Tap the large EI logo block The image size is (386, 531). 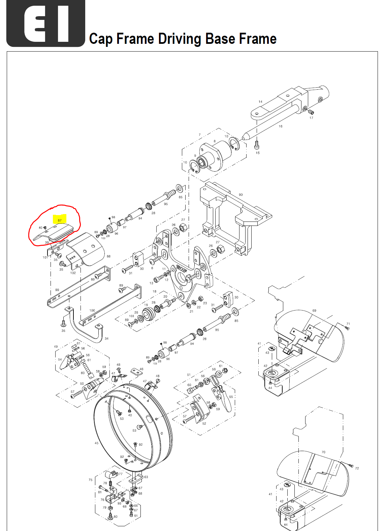click(x=46, y=23)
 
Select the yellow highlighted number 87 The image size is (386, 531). click(x=60, y=220)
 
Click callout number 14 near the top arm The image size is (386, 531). click(x=260, y=101)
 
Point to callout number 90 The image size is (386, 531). click(x=240, y=195)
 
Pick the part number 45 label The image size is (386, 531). click(x=97, y=443)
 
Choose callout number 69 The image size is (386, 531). click(x=314, y=311)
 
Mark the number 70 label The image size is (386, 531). click(x=323, y=452)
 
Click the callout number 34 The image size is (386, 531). click(x=106, y=338)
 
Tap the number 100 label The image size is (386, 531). click(x=92, y=311)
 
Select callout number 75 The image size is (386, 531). click(x=90, y=480)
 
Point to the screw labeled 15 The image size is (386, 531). click(x=257, y=145)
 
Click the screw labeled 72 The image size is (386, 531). click(x=351, y=466)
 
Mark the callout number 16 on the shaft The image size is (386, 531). click(x=281, y=126)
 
